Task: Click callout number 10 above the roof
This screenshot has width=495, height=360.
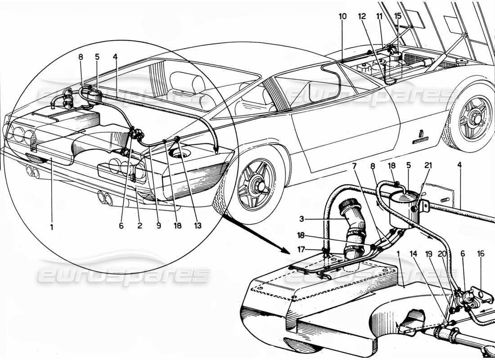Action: click(x=343, y=16)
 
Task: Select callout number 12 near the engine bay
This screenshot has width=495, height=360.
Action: click(x=362, y=16)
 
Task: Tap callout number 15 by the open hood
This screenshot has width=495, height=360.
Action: click(x=398, y=16)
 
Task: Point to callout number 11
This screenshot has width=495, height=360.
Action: click(x=380, y=16)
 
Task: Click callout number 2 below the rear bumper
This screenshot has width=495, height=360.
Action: click(x=140, y=226)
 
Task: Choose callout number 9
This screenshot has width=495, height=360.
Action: click(x=158, y=226)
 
